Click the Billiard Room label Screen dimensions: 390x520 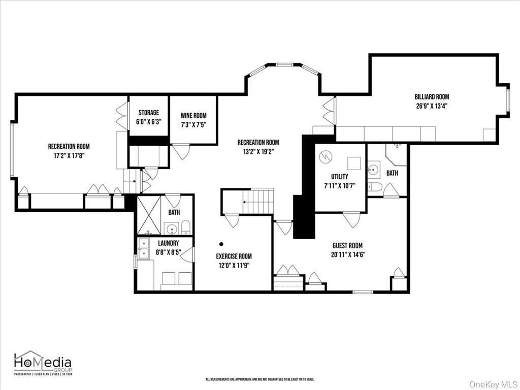(x=432, y=97)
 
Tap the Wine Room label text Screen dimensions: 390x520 (x=193, y=116)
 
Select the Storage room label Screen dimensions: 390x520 (x=149, y=113)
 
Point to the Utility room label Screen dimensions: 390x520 (x=340, y=177)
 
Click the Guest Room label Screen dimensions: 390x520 (x=347, y=246)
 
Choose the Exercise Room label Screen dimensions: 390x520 (x=234, y=256)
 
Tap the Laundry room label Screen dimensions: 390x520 (x=168, y=243)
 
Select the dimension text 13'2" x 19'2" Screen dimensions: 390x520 (x=258, y=152)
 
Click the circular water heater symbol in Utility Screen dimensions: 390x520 (x=326, y=157)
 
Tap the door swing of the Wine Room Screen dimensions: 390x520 (x=181, y=152)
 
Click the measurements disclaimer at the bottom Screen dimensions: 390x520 (x=259, y=379)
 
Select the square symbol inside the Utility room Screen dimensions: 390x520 (x=353, y=163)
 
